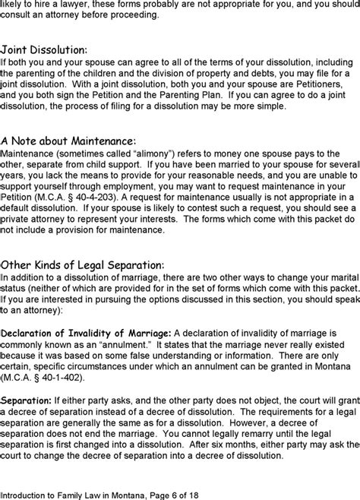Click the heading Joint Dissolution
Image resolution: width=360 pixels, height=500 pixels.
tap(44, 49)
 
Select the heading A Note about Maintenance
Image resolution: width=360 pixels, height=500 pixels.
tap(68, 141)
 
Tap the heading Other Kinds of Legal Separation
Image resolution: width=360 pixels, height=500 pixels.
tap(83, 264)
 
